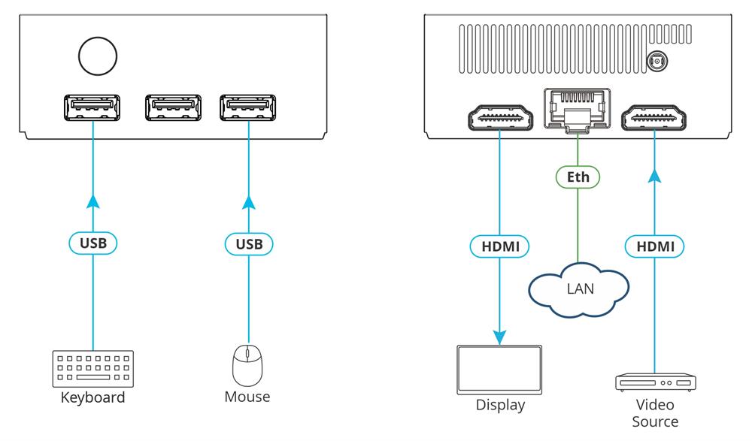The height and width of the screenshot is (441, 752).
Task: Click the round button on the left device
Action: click(98, 56)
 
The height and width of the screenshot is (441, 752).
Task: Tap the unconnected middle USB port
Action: click(173, 108)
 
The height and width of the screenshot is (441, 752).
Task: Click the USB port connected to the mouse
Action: click(247, 108)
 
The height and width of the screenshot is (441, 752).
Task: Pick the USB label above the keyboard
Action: click(93, 244)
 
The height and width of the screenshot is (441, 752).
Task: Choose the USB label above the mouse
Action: click(248, 244)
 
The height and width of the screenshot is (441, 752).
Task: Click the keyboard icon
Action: click(93, 369)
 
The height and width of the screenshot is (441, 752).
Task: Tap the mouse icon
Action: click(247, 366)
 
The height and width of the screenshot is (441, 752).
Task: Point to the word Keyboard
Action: click(93, 397)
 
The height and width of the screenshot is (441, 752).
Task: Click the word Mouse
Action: click(247, 397)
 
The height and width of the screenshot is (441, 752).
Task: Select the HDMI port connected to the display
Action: click(499, 118)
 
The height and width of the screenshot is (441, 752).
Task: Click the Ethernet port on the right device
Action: click(576, 110)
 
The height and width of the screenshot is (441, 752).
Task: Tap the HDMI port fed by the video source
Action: click(654, 118)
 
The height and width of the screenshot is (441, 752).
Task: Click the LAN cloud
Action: click(578, 288)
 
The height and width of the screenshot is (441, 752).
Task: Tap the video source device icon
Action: click(654, 382)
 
